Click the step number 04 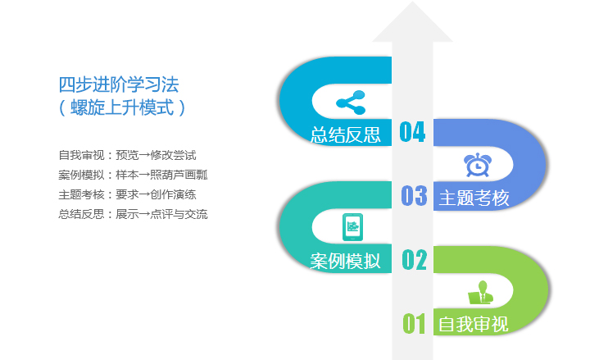[x=412, y=131]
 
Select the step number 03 [x=414, y=195]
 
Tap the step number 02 [x=414, y=259]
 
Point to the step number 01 [x=414, y=323]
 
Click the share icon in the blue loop [x=351, y=103]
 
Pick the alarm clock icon [x=478, y=165]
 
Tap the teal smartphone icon [x=353, y=227]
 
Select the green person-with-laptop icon [x=481, y=293]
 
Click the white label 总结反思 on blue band [x=346, y=135]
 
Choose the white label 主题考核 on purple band [x=474, y=198]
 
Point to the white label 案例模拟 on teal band [x=345, y=261]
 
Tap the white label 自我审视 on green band [x=473, y=324]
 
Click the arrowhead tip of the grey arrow [x=412, y=2]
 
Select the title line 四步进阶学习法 [x=119, y=84]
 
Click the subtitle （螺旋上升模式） [x=122, y=107]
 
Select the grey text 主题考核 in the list [x=81, y=194]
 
